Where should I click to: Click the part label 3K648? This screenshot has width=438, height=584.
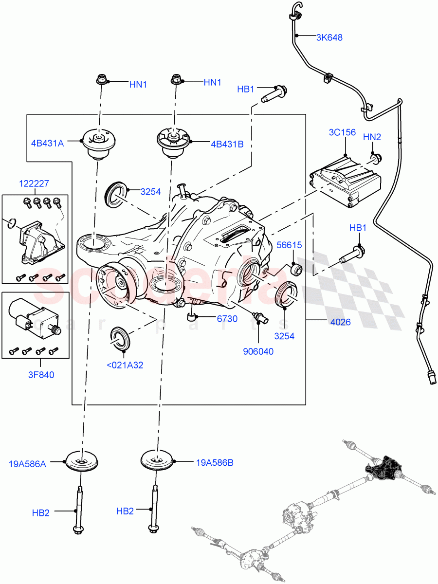click(329, 37)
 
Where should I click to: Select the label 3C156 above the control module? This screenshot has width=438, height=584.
click(342, 132)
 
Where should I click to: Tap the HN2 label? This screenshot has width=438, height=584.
click(372, 137)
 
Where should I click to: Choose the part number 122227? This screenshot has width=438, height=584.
click(34, 183)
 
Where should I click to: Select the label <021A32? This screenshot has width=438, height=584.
click(125, 365)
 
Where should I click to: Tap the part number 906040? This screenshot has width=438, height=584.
click(258, 351)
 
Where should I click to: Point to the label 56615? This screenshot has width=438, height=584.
click(290, 245)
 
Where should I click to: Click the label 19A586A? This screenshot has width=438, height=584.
click(27, 464)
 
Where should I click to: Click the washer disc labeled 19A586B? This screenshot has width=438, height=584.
click(157, 459)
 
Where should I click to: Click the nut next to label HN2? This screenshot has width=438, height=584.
click(377, 157)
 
